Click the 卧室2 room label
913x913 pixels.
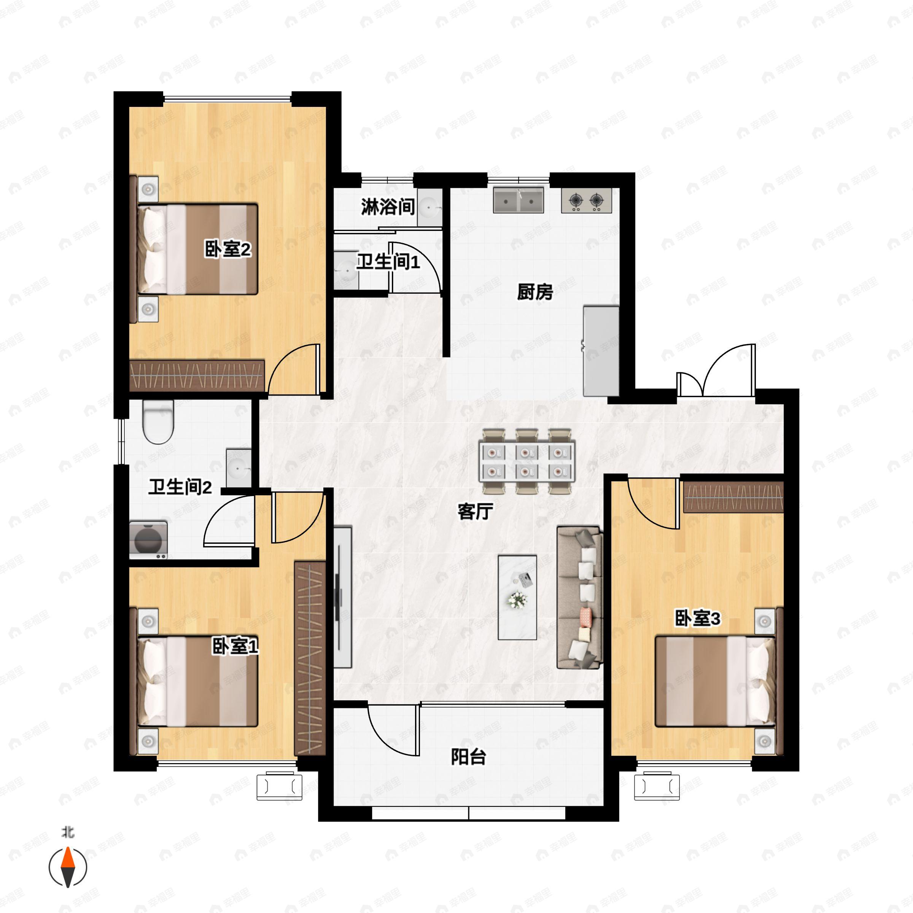tap(227, 249)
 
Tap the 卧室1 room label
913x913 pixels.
tap(235, 646)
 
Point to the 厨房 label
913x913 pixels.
tap(534, 292)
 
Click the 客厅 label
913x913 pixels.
tap(476, 511)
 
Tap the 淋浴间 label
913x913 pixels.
tap(388, 207)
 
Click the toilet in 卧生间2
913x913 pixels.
tap(158, 422)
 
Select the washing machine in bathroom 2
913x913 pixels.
tap(148, 540)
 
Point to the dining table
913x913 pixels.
tap(526, 461)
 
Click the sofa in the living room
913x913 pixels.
tap(580, 597)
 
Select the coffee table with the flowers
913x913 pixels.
tap(517, 597)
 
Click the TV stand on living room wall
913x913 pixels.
tap(343, 597)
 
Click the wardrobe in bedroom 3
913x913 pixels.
tap(733, 497)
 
